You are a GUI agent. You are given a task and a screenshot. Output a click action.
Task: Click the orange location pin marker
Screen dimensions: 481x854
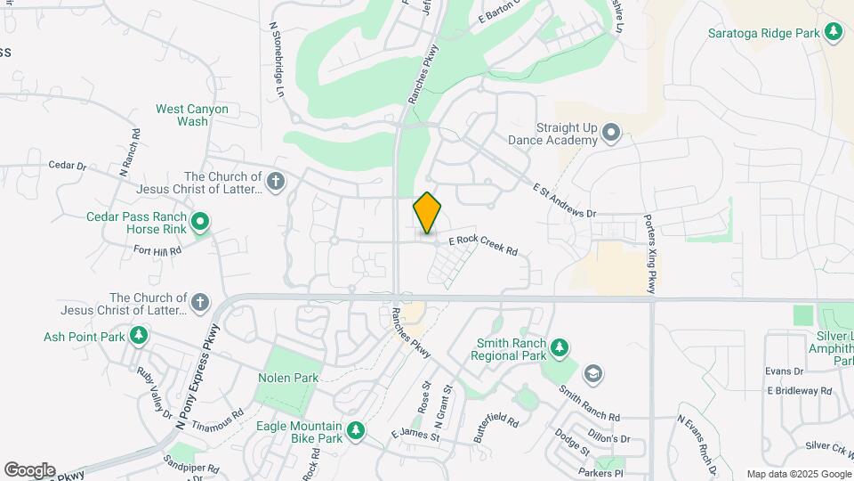pos(428,213)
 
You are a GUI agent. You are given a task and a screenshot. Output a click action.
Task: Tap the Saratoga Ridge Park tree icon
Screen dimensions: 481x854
pos(834,33)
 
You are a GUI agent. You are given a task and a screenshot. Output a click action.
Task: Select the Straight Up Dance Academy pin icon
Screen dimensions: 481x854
pos(610,134)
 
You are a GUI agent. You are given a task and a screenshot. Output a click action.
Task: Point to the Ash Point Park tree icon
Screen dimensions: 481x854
pos(139,336)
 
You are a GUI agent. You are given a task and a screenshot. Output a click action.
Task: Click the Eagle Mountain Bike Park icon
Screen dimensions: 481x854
pos(356,431)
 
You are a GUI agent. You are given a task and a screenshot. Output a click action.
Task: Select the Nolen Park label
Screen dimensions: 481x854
pos(288,378)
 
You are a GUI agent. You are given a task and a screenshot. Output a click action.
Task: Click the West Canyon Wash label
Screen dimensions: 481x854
pos(192,115)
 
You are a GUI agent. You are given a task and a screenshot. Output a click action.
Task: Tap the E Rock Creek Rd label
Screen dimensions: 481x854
pos(483,246)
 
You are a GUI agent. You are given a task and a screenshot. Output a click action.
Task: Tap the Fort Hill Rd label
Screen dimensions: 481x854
pos(157,250)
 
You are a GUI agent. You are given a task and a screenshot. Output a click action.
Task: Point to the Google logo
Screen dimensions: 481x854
pos(29,470)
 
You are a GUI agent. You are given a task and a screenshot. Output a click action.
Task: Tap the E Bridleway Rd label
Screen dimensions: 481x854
pos(799,391)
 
